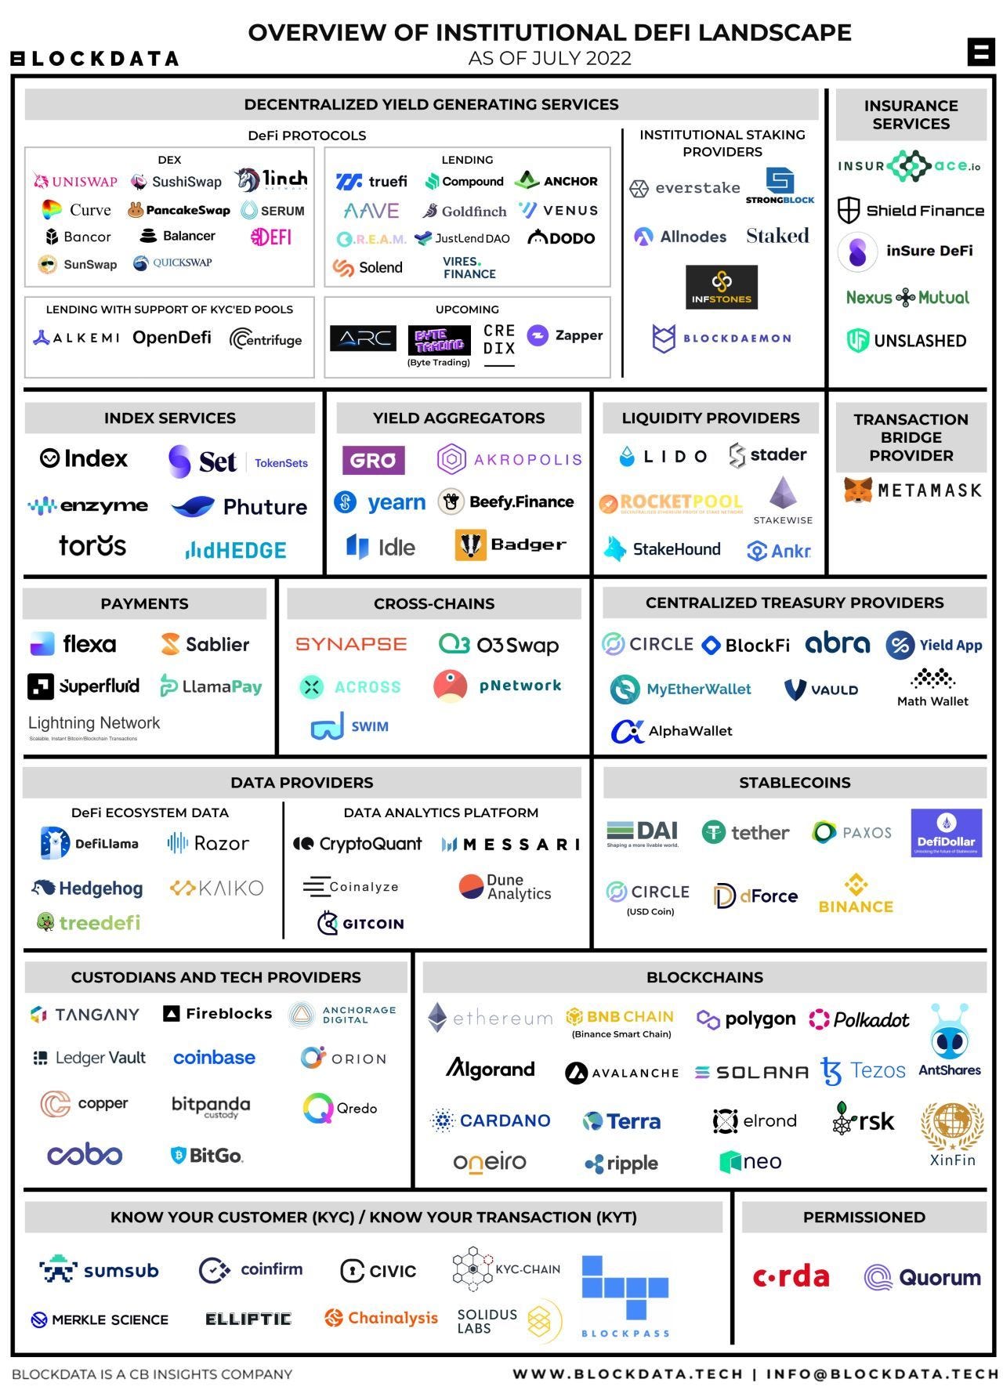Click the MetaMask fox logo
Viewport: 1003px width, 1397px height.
[x=858, y=490]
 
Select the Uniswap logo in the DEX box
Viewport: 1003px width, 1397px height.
[x=75, y=182]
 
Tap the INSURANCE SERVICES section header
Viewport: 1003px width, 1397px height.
[x=911, y=114]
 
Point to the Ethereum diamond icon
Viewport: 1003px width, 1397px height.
[x=437, y=1018]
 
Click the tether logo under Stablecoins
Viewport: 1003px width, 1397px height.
[x=745, y=832]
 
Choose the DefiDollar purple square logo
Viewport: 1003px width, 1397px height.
[x=946, y=833]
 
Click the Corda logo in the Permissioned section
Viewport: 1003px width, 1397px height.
[x=791, y=1276]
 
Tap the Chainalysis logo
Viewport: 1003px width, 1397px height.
[x=381, y=1318]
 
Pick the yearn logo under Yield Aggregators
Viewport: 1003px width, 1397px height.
[x=380, y=502]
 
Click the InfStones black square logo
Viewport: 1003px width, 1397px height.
[x=721, y=287]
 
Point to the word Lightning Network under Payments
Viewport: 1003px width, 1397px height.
[x=94, y=723]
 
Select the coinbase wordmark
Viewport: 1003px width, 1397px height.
[x=214, y=1058]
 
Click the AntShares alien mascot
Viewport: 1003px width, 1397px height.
[x=949, y=1033]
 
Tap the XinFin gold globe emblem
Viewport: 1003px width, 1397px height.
[x=952, y=1125]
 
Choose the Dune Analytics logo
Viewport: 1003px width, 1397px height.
[x=505, y=887]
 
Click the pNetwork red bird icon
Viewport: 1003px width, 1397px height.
[x=450, y=686]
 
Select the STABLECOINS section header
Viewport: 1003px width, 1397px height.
[x=795, y=783]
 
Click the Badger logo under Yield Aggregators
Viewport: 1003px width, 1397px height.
[x=510, y=545]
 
